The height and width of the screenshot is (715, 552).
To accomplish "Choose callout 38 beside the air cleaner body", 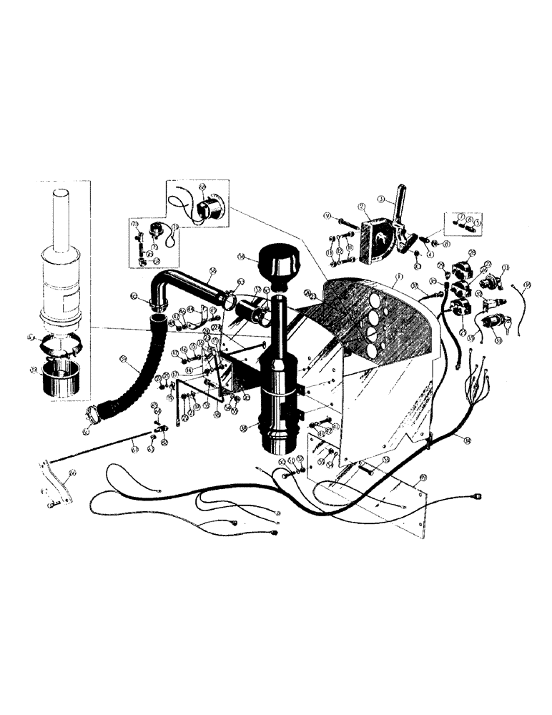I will tap(245, 428).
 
